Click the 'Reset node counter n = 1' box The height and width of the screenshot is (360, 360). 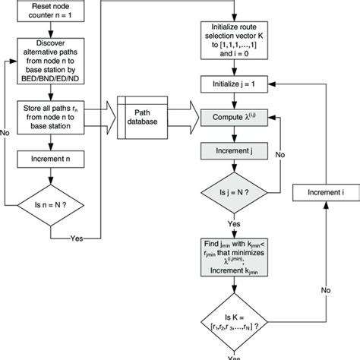coord(52,11)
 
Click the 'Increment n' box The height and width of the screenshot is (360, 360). coord(52,161)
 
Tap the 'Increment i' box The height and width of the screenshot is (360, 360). coord(326,194)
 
